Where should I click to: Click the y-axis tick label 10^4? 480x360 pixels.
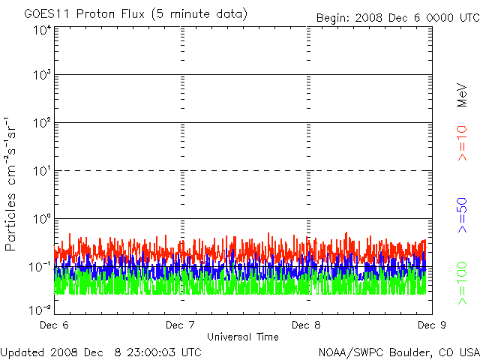(x=42, y=29)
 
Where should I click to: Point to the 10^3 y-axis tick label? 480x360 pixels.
(x=42, y=76)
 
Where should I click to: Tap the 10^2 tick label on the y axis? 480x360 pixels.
(x=42, y=124)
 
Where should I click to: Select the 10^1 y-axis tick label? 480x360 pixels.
(x=42, y=172)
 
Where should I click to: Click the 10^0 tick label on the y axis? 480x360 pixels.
(x=42, y=220)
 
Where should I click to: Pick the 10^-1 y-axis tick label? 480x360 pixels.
(x=40, y=267)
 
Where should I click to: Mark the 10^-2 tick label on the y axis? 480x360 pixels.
(x=40, y=309)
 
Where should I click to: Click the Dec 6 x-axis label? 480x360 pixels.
(x=54, y=325)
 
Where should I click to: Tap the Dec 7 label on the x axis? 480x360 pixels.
(x=180, y=325)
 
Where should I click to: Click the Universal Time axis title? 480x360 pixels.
(x=242, y=337)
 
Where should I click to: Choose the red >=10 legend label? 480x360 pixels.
(x=462, y=143)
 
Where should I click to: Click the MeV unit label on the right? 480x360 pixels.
(x=462, y=94)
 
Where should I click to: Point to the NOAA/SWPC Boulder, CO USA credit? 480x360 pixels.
(x=398, y=352)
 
